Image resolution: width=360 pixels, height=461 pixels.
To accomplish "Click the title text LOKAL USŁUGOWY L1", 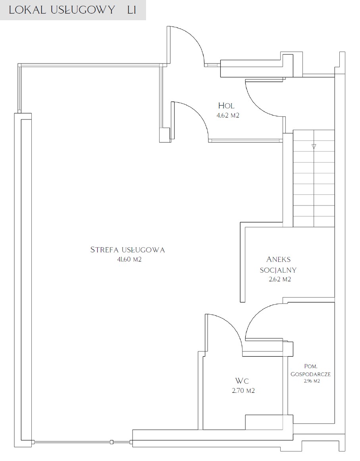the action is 72,10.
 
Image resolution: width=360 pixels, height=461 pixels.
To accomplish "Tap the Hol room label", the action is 226,106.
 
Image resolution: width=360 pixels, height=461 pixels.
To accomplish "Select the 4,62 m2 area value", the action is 228,115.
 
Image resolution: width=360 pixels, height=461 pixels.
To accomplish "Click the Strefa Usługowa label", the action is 127,250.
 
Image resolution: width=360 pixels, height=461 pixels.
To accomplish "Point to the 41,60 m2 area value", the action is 129,259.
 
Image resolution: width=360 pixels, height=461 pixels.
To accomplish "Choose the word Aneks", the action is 278,259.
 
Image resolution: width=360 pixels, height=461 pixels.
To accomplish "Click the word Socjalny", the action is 278,270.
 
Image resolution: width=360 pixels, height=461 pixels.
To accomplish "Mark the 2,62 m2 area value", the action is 280,279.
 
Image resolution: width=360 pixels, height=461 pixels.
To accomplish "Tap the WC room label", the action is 242,381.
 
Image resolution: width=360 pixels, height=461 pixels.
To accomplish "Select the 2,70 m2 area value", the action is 243,391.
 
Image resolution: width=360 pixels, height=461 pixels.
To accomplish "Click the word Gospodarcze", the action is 311,374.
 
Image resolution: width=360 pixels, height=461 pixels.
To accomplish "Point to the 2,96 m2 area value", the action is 312,381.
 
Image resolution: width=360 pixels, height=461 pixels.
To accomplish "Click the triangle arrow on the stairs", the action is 314,146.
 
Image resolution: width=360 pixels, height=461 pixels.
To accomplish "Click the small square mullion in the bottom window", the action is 112,441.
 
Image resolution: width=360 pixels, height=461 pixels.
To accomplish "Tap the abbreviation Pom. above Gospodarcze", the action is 311,367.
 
